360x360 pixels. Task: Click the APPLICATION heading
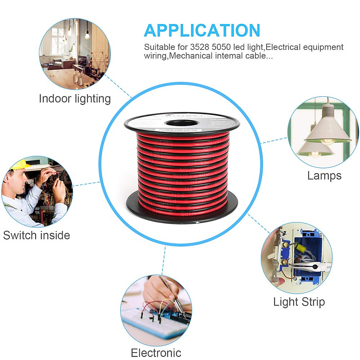[202, 31]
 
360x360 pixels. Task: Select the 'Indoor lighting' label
[75, 99]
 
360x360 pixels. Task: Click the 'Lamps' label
[324, 175]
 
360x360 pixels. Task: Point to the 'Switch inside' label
[37, 235]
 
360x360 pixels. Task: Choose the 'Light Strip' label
[299, 302]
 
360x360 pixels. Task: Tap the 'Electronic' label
[156, 353]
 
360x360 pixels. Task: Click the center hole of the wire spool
[181, 123]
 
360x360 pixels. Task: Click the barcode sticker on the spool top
[178, 130]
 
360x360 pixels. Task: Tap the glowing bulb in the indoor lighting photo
[87, 36]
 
